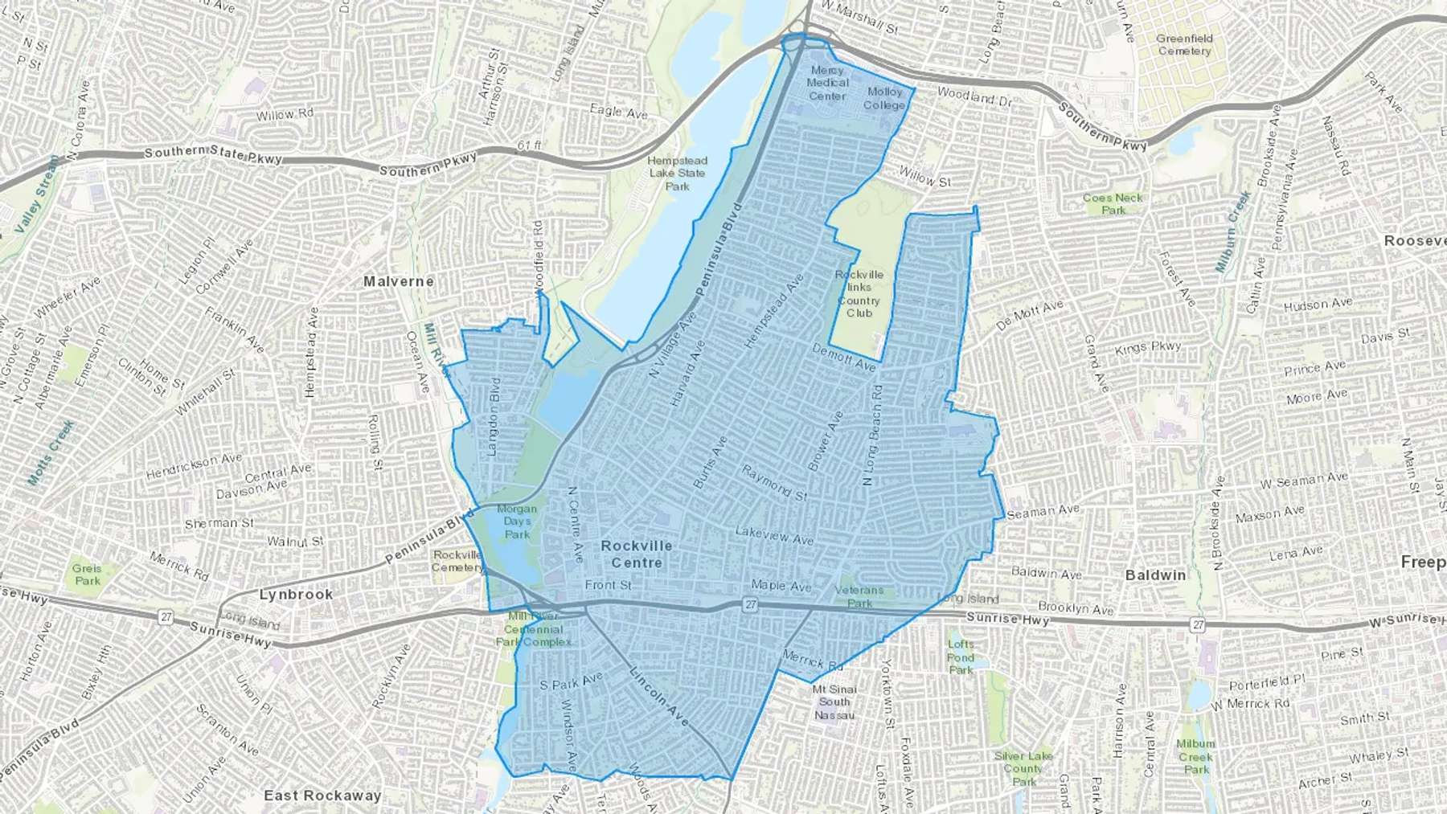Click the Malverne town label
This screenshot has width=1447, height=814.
(398, 281)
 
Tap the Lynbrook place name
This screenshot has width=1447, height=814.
(296, 595)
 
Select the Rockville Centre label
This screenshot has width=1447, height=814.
(637, 554)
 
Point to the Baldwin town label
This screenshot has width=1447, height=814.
(1155, 575)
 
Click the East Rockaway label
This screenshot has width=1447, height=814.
(322, 796)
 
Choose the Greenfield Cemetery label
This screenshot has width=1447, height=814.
(1184, 44)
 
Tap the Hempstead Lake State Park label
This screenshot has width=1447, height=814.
(677, 174)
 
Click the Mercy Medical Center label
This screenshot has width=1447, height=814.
(827, 83)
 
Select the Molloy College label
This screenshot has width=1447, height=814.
(884, 99)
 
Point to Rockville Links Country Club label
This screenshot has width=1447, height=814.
(859, 293)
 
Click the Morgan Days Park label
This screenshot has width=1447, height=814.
(517, 522)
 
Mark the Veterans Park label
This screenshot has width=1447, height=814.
(859, 596)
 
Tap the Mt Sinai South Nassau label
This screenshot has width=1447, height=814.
(834, 702)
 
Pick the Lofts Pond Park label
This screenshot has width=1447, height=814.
(961, 657)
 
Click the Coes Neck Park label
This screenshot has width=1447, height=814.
(1113, 204)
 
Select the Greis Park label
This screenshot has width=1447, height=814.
(87, 575)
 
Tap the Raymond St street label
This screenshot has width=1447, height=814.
(774, 482)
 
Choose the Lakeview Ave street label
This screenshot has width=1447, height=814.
(774, 535)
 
